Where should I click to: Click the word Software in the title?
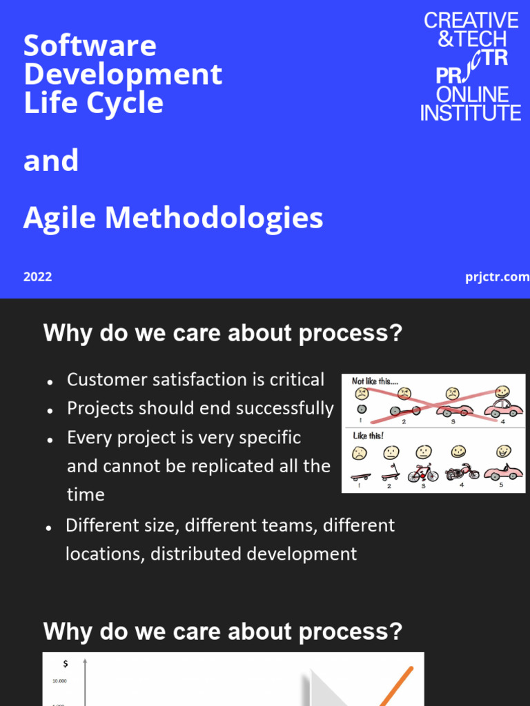coord(90,46)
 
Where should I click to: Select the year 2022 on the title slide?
coord(37,277)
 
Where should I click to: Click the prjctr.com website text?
coord(497,277)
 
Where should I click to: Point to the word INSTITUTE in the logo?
coord(471,112)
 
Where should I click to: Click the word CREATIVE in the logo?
coord(471,21)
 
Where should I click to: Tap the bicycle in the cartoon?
coord(423,474)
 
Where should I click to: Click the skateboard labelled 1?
coord(361,476)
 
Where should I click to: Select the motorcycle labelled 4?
coord(462,472)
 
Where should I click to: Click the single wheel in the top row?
coord(361,409)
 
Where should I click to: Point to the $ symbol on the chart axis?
coord(65,663)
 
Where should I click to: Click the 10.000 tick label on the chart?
coord(59,681)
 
